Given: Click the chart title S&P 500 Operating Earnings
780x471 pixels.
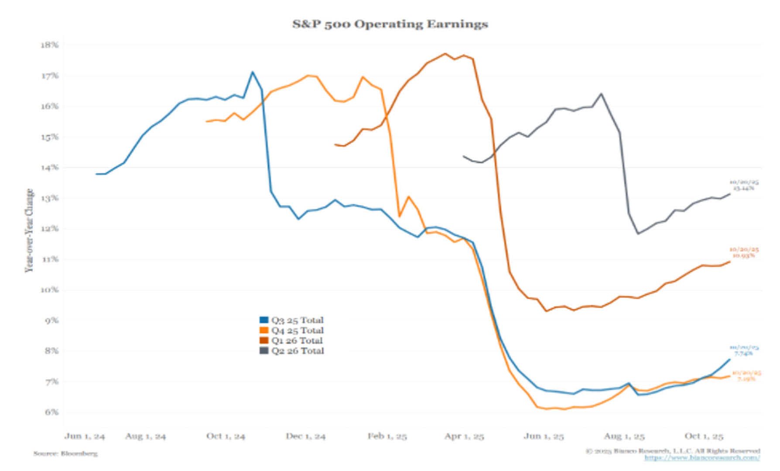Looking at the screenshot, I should (x=390, y=24).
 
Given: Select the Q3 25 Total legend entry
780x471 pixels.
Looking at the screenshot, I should (x=292, y=320).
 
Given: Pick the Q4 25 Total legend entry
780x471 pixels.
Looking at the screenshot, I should (x=292, y=330).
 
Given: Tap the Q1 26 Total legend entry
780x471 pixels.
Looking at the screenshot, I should (x=291, y=340).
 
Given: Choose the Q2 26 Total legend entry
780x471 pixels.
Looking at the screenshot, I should (x=292, y=351).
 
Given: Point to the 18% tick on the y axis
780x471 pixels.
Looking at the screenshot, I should (x=49, y=45).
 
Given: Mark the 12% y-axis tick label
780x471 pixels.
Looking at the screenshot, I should (x=49, y=229).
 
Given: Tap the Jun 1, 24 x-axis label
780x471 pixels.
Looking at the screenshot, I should (x=85, y=436).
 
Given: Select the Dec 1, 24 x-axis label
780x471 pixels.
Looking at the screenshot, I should (x=305, y=436).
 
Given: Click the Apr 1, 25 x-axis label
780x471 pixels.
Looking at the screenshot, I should (x=464, y=436).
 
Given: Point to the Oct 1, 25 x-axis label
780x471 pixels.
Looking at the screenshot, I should (x=704, y=436).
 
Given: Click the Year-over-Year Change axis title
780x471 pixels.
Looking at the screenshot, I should (x=29, y=230).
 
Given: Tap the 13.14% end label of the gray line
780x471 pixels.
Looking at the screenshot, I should (x=743, y=188).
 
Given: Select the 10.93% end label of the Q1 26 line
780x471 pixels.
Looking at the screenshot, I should (x=743, y=255).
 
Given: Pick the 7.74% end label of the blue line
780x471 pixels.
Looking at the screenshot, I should (x=743, y=353).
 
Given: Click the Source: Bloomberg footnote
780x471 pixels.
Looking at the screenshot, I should (x=65, y=454).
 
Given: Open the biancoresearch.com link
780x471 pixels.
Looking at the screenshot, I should (x=702, y=458).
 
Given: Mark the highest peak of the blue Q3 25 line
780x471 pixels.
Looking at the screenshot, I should (x=252, y=72).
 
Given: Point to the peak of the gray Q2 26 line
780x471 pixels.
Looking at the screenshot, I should (x=601, y=93).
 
